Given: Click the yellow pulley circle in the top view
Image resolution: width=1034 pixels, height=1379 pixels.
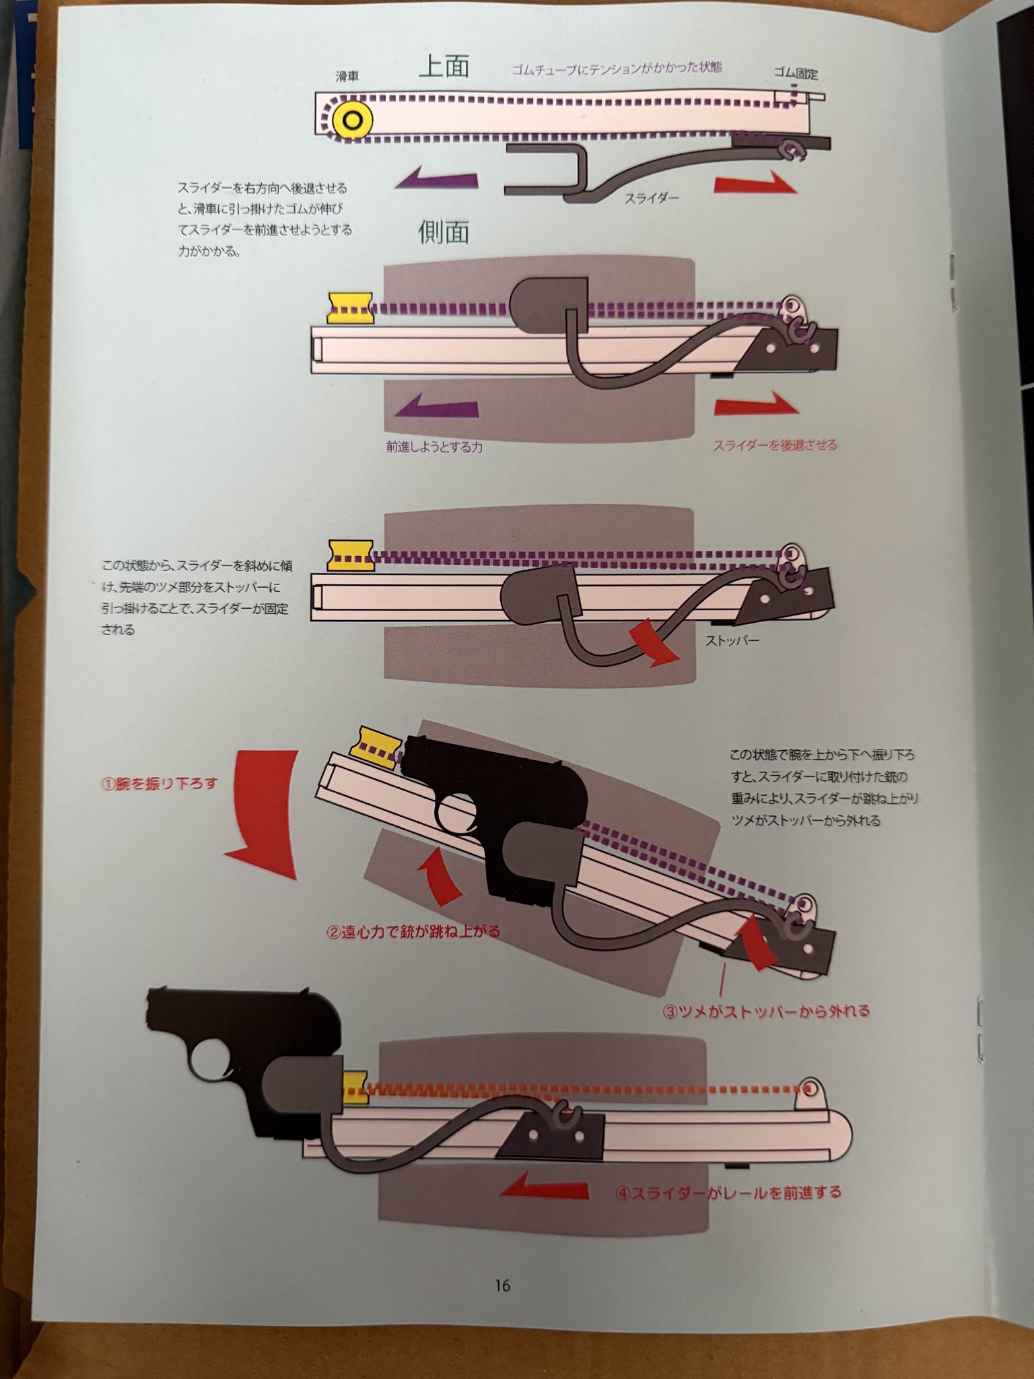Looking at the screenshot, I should pos(352,121).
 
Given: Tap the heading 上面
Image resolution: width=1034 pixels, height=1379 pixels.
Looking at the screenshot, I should pos(444,67).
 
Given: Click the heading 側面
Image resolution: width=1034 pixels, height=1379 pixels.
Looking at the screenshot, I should pos(443,232).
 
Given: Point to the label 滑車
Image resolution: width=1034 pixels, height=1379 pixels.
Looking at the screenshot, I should pos(347,77).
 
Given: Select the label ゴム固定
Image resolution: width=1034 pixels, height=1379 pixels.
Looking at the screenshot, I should pos(795,73).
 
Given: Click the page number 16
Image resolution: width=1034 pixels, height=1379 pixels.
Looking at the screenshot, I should pos(502,1285).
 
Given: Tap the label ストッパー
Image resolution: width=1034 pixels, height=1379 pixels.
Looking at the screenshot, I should pos(732,640).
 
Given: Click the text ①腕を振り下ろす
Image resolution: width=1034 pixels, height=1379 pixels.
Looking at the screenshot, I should pos(160,784).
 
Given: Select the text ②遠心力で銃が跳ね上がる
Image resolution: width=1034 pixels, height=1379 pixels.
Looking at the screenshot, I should pos(414,932).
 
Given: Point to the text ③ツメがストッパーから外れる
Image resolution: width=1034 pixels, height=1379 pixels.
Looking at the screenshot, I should pos(766,1011).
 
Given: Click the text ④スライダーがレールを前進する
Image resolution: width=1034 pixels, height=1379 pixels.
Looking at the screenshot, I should pos(728,1192).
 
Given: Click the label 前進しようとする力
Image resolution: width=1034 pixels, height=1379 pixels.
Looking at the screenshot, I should pos(434,446).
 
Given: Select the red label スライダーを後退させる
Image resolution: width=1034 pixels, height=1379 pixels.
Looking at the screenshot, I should pos(775,445).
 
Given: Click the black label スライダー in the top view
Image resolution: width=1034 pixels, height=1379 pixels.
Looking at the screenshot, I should pos(651,198).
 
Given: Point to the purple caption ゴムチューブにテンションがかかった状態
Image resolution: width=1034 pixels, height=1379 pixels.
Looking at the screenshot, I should pos(617,69).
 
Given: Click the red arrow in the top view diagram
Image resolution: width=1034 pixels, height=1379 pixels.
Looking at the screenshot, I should pos(755,182).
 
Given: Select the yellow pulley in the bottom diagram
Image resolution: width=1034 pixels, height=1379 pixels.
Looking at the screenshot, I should pos(355,1088).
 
